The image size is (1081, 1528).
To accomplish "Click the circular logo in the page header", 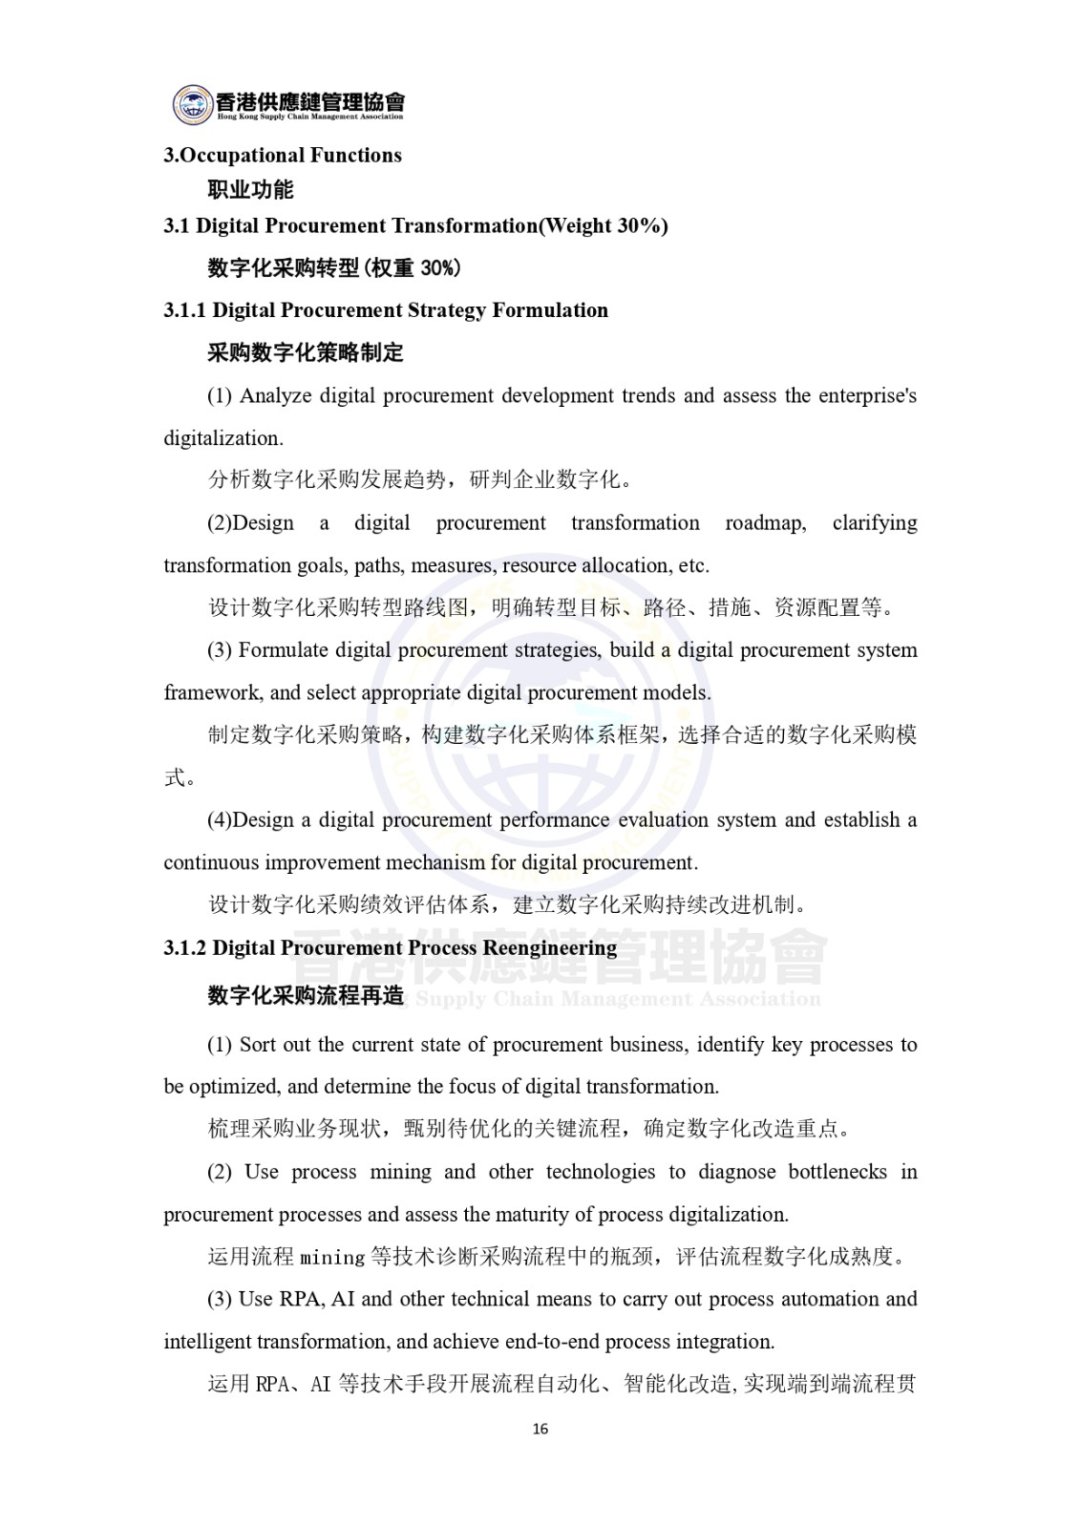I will [193, 104].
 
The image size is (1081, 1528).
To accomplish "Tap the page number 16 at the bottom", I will [540, 1430].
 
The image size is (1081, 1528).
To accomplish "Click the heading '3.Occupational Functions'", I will [283, 156].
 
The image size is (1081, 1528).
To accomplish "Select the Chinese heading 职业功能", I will [250, 190].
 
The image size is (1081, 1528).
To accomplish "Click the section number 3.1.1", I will [184, 310].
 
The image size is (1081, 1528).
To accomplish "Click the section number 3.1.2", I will [184, 948].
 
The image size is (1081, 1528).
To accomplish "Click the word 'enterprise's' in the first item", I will [867, 395].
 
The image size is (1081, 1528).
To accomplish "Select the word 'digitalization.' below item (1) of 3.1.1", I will [223, 438].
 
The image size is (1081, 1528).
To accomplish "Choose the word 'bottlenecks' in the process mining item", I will [837, 1172].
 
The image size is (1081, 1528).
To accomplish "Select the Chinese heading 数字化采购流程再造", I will [306, 996].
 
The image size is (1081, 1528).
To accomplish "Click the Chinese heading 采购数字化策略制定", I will [306, 352].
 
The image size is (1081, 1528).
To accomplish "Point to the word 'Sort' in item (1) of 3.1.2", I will [259, 1045].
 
